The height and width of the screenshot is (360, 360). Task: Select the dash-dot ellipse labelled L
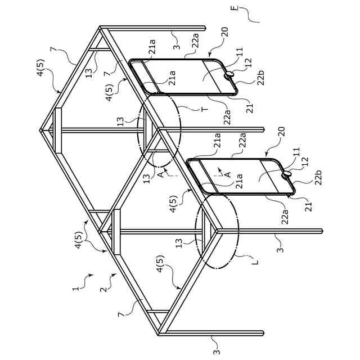[x=217, y=232]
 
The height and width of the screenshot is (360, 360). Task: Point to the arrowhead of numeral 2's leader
[x=117, y=274]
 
